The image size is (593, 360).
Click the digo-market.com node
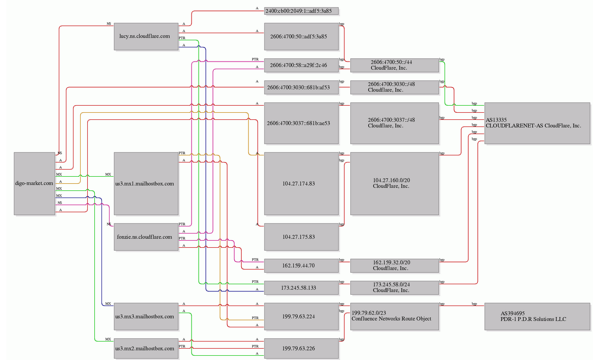(35, 183)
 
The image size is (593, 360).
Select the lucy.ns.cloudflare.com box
(146, 36)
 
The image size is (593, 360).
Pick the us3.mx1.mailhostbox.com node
(146, 183)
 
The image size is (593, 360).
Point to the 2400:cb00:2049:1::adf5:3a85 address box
(301, 11)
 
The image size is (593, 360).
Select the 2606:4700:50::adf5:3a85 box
(301, 36)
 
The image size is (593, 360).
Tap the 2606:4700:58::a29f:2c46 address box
(301, 65)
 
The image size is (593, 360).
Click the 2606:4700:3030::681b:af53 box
(301, 87)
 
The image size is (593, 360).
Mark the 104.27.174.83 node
(301, 183)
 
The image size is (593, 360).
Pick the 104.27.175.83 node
(301, 236)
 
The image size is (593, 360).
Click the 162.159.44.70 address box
(301, 266)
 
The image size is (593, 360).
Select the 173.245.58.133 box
(301, 288)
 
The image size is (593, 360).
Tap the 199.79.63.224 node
(301, 316)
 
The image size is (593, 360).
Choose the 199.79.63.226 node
(301, 348)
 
